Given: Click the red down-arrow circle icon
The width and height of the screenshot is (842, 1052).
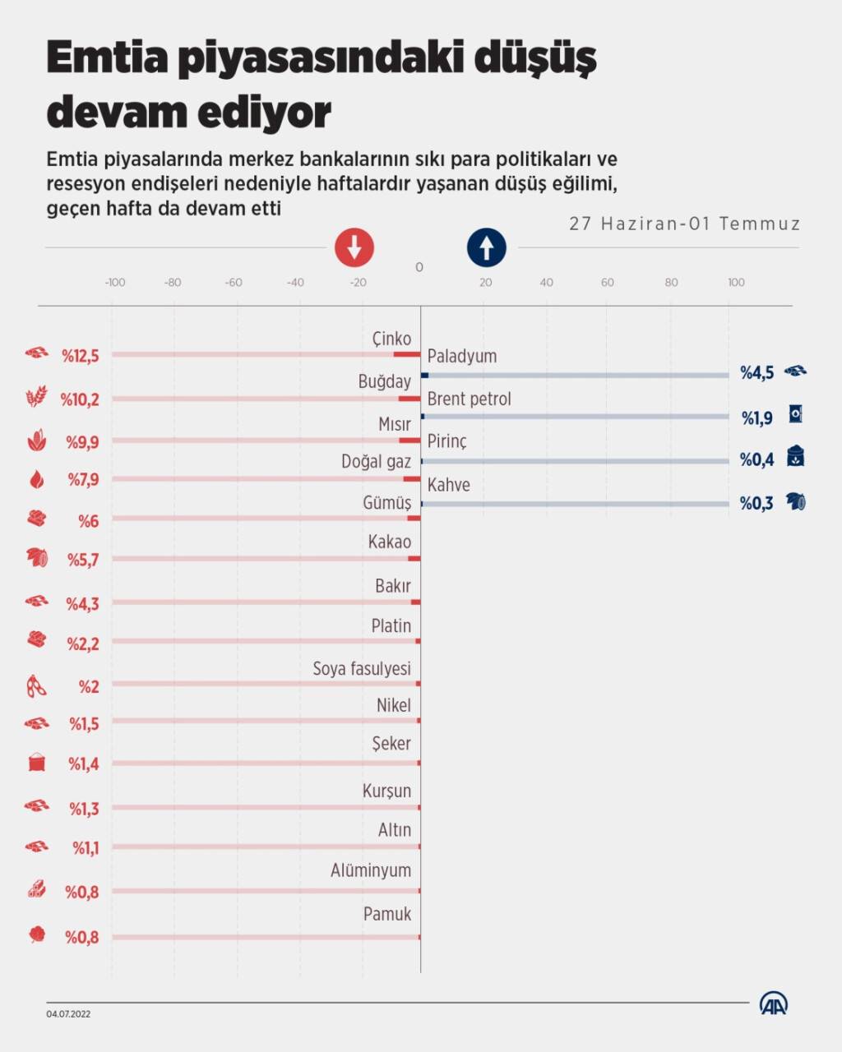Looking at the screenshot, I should [x=354, y=247].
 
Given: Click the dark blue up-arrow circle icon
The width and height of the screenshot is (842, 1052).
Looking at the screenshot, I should [x=487, y=247].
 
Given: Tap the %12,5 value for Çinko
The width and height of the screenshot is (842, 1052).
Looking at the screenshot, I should [x=81, y=356].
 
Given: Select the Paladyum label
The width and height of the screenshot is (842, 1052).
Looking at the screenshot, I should [x=461, y=357].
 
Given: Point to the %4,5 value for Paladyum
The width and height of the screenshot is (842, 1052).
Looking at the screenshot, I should [x=756, y=373].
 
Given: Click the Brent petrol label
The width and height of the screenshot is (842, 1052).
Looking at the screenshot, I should [x=469, y=399].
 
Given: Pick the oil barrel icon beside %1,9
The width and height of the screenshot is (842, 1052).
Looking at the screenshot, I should [x=795, y=414].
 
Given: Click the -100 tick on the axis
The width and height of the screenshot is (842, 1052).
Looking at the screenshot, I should [x=115, y=283].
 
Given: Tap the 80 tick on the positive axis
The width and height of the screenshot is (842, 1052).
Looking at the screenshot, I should [x=671, y=283].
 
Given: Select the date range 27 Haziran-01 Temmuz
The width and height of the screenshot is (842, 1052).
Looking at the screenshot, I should [x=684, y=224].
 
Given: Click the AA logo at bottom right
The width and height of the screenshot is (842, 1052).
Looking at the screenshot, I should [x=773, y=1004].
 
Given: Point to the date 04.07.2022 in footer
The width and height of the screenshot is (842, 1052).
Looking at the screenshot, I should [x=68, y=1014].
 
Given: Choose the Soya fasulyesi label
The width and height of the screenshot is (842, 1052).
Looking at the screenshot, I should [x=361, y=669].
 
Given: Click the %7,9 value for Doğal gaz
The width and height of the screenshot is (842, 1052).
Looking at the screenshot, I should [x=83, y=479].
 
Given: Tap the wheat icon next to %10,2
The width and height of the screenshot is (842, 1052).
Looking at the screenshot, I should [x=37, y=398].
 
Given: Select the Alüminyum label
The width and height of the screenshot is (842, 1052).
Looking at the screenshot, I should [x=370, y=870].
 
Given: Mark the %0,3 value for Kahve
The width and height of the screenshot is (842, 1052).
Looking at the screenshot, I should [x=756, y=504].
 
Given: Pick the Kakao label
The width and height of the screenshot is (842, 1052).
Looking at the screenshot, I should [x=389, y=542].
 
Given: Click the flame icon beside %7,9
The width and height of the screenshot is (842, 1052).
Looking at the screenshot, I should [x=37, y=479].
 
